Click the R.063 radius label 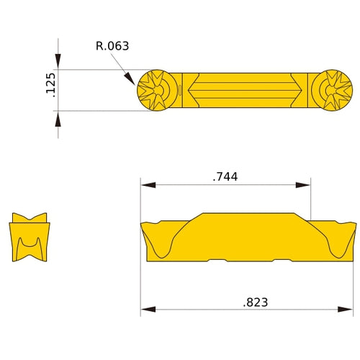click(112, 46)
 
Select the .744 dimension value click(225, 176)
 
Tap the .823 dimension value click(255, 302)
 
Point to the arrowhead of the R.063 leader click(132, 80)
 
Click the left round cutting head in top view click(156, 91)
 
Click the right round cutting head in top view click(333, 91)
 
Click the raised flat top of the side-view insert click(248, 216)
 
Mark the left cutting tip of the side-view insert click(143, 225)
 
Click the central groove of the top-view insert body click(245, 91)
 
